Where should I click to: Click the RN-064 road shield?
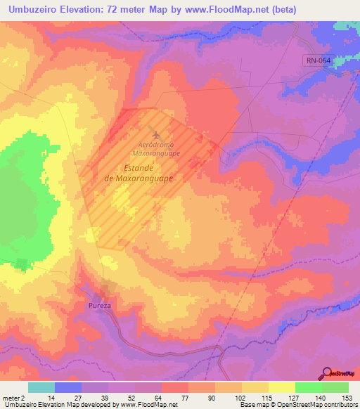318,61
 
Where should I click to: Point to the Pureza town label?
101,306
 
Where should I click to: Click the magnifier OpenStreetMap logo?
328,373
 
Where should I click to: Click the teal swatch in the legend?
41,387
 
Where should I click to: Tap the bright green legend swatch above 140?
309,387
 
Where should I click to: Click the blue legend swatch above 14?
68,387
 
